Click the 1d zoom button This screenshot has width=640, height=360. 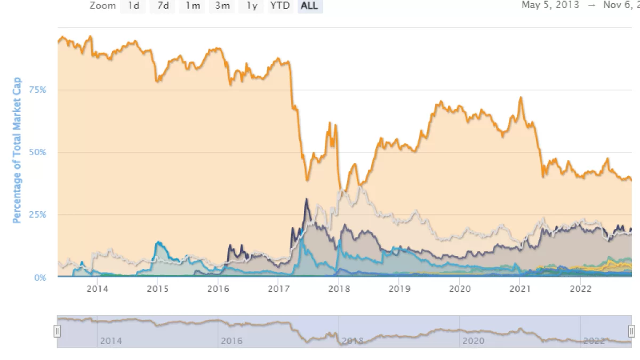point(133,6)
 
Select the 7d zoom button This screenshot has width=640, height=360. point(163,6)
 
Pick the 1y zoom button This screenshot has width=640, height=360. point(251,6)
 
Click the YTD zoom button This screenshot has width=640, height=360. point(279,6)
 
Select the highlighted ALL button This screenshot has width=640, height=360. point(309,6)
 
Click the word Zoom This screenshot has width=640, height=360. point(102,6)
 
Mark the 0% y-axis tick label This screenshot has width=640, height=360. point(39,277)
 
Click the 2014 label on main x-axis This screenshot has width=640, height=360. point(97,289)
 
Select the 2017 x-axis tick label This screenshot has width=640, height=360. point(278,289)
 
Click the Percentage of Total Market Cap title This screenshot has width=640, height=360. point(17,150)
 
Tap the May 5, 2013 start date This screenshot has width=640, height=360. point(550,6)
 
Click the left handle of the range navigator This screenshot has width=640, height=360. point(57,331)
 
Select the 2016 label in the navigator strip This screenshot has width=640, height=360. point(231,341)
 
